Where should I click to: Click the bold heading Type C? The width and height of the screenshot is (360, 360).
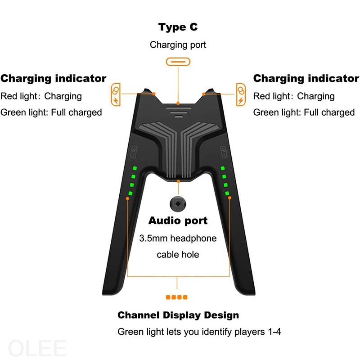[178, 27]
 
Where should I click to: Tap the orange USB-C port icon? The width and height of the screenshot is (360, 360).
[178, 62]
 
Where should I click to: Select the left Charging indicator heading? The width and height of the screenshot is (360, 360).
[54, 79]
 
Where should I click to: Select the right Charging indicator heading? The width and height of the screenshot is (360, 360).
[306, 79]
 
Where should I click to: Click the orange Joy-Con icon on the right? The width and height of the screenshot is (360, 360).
[241, 93]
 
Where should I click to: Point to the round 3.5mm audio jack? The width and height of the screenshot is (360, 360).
[178, 204]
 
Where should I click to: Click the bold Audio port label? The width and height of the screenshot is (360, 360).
[178, 221]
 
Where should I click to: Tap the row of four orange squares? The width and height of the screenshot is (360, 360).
[177, 297]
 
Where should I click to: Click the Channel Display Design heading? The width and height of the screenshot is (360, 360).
[178, 315]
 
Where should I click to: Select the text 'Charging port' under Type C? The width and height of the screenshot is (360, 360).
[178, 45]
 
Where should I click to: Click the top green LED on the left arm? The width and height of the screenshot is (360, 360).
[133, 168]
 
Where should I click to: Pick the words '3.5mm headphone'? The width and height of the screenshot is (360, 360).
[178, 238]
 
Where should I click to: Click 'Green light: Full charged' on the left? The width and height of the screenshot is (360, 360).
[51, 112]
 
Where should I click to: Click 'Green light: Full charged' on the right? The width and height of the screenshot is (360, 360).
[304, 112]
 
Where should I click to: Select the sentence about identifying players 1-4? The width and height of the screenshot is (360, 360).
[199, 332]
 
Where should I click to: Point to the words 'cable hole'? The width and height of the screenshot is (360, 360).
[178, 255]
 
